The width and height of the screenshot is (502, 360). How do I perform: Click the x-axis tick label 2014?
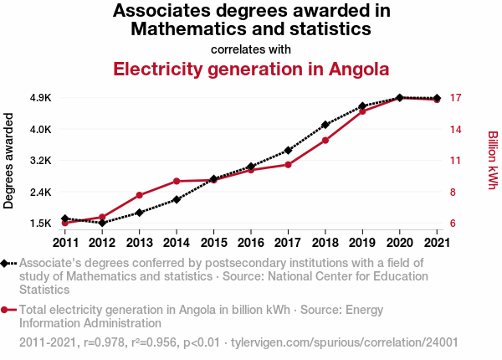pos(177,243)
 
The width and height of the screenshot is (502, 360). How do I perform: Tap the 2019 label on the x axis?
pos(362,243)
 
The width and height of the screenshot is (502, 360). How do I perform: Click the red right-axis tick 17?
pos(455,98)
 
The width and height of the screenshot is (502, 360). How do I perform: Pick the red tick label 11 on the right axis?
pos(455,161)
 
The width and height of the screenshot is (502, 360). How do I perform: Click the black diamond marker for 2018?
pos(325,125)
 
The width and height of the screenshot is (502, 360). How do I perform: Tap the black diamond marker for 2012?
pos(102,223)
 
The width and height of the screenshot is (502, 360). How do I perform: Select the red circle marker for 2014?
pos(177,181)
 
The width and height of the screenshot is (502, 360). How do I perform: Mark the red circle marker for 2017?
pos(288,164)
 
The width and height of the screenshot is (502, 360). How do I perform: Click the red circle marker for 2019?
pos(362,111)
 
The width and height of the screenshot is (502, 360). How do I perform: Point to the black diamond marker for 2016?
pos(251,167)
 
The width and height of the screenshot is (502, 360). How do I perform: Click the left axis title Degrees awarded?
pos(9,161)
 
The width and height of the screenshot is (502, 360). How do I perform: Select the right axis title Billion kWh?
pos(493,161)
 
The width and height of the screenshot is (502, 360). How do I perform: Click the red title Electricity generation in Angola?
pos(251,68)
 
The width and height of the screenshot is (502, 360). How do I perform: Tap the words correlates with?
pos(251,49)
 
